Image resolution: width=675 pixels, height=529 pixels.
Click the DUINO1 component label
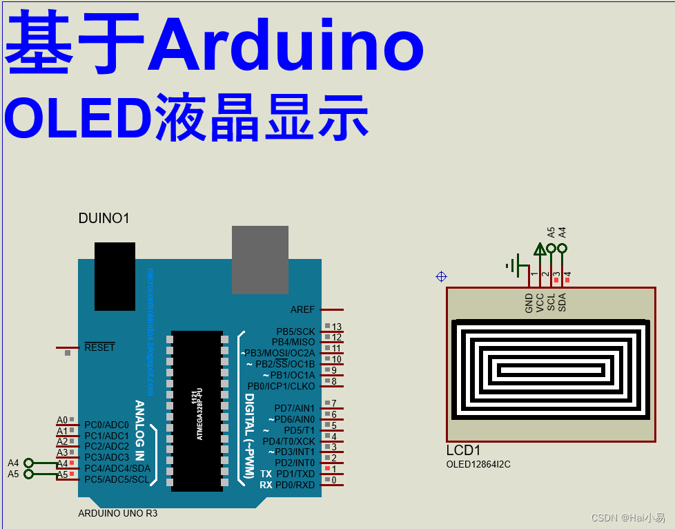(x=104, y=219)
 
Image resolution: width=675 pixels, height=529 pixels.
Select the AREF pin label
(x=302, y=310)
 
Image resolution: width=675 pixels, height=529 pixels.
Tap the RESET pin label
(x=99, y=347)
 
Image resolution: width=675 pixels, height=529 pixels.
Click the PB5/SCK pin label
(x=295, y=331)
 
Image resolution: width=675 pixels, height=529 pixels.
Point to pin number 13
(x=337, y=327)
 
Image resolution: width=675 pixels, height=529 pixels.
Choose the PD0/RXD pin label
(x=295, y=485)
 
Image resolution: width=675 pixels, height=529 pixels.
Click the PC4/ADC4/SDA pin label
(x=117, y=468)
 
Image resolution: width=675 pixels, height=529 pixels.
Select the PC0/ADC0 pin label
(x=106, y=425)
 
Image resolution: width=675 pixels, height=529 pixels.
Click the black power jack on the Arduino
(x=115, y=276)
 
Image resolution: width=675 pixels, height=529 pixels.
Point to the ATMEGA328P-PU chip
(x=197, y=411)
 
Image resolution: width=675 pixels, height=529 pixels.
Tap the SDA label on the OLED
(x=562, y=302)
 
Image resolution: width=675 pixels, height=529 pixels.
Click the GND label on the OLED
(x=529, y=302)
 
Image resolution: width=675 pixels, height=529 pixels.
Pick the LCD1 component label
(x=463, y=450)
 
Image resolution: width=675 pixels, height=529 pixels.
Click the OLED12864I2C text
(x=479, y=465)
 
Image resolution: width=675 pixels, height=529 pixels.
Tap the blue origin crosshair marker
(x=442, y=277)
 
